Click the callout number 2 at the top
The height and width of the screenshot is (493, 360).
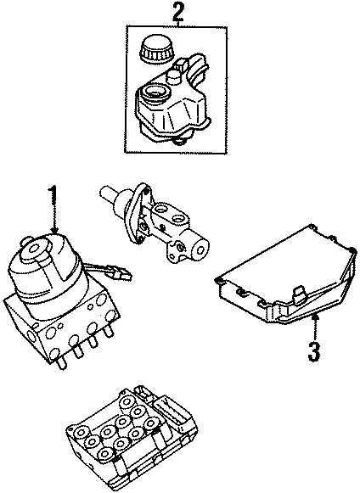tap(177, 12)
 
